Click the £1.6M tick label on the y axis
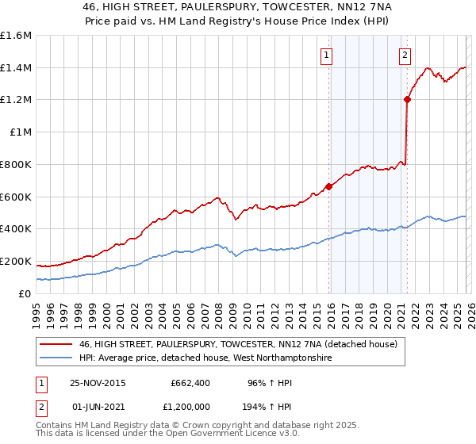pos(16,36)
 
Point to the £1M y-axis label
pos(20,132)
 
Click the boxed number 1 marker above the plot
pos(327,55)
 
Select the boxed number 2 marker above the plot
pos(405,55)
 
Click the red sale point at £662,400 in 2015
pos(328,187)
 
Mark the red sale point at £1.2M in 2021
pos(407,99)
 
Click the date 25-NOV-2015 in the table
pos(98,383)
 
